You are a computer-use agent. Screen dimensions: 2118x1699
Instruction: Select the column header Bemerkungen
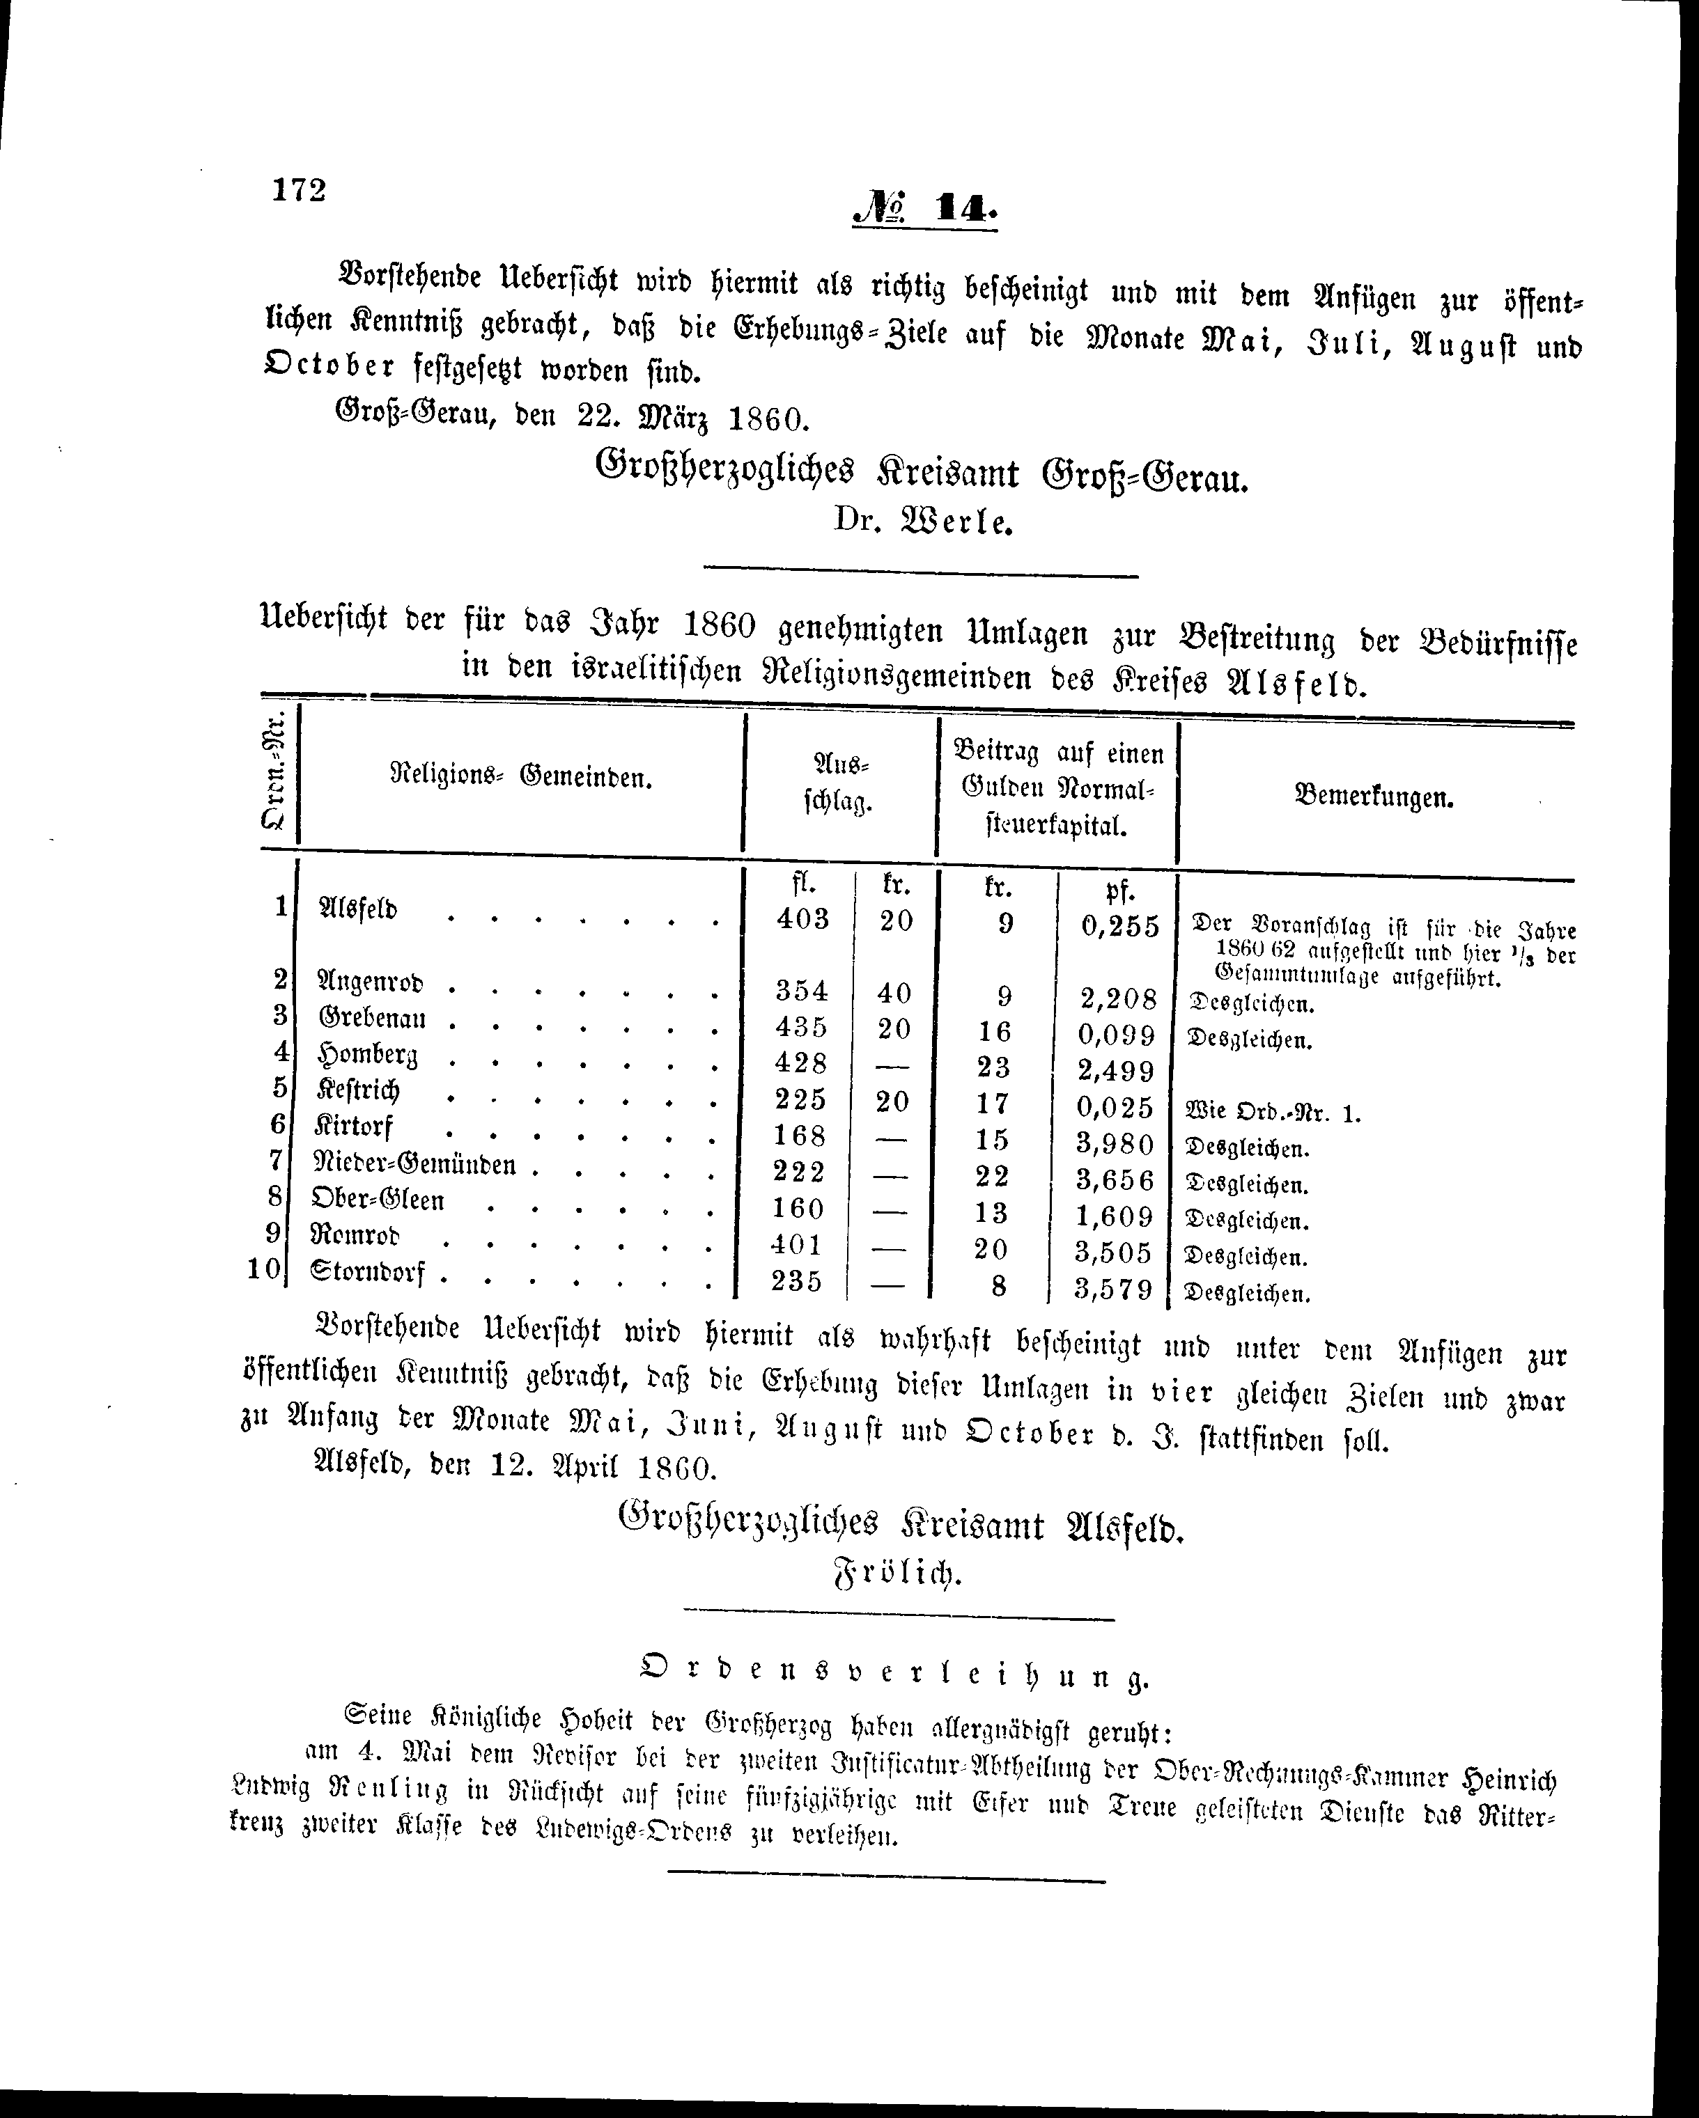(1374, 797)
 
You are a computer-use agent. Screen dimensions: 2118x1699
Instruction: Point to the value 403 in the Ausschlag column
(802, 918)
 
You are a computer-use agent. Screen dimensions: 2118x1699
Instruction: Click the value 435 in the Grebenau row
(801, 1026)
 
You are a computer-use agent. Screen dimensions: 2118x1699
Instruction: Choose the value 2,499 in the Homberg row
(1115, 1070)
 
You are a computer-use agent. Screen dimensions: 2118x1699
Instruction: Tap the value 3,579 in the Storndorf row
(1113, 1288)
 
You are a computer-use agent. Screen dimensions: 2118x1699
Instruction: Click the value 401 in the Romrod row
(797, 1245)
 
